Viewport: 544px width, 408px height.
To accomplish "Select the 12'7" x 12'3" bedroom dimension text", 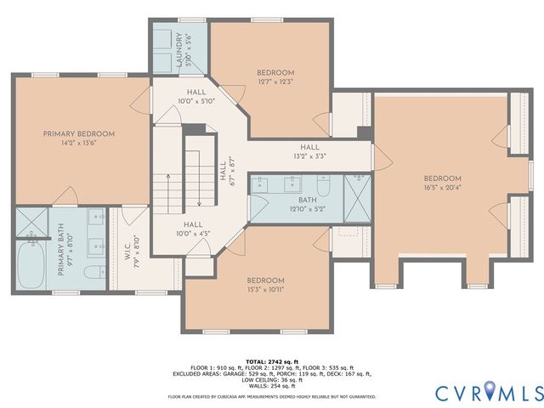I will (x=275, y=82).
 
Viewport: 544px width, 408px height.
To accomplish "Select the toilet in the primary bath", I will (x=96, y=274).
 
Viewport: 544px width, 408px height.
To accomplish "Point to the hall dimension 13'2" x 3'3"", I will (x=309, y=156).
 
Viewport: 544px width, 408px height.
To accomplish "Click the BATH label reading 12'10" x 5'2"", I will (x=283, y=204).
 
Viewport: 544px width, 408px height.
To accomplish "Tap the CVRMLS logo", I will (x=489, y=392).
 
